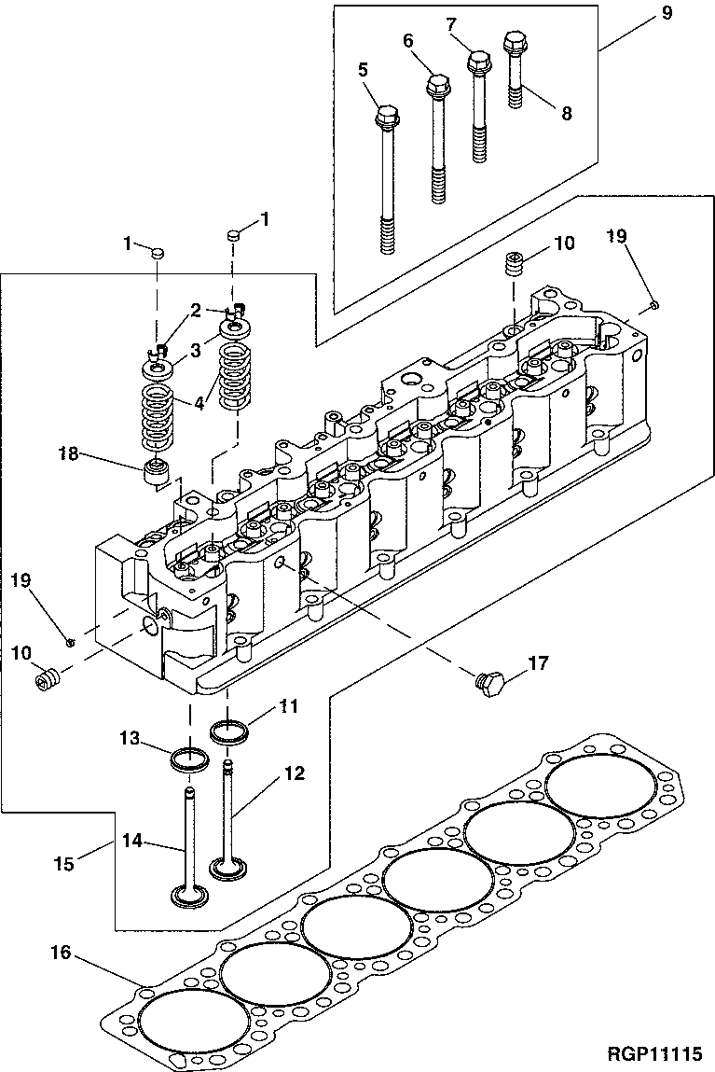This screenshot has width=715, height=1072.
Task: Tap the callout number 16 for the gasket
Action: (60, 953)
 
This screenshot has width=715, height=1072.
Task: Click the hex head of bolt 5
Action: (387, 118)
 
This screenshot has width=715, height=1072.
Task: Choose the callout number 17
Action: (538, 664)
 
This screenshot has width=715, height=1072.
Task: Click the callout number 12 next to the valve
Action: (295, 773)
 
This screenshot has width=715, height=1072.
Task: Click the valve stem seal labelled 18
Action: (158, 471)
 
